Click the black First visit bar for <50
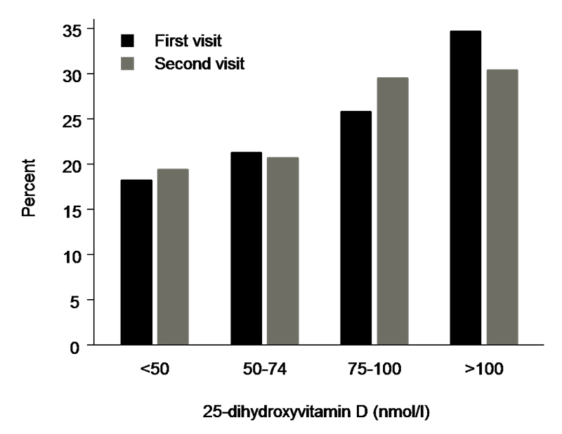click(136, 263)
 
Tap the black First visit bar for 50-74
click(247, 249)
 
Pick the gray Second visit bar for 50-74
click(283, 251)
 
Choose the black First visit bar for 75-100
click(356, 228)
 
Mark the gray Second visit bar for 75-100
click(393, 211)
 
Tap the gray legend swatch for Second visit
click(129, 64)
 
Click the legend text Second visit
click(199, 64)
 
